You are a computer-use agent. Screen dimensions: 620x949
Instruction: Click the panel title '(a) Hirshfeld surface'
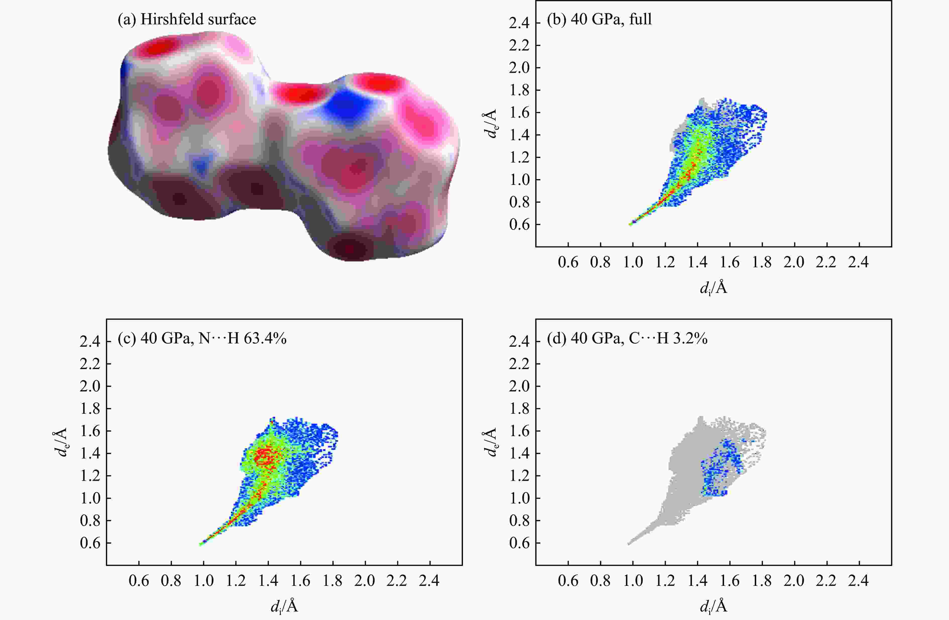tap(187, 19)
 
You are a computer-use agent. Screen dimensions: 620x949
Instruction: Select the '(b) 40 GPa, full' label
tap(599, 19)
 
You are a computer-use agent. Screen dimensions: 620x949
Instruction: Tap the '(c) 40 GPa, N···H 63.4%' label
tap(202, 338)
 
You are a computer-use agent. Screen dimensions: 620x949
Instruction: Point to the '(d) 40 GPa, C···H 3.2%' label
tap(627, 338)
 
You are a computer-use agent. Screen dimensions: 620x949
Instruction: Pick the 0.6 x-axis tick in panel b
tap(568, 262)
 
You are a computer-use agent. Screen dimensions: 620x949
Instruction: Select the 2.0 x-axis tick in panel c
tap(365, 581)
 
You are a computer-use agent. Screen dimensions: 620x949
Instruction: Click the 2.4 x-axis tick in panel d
tap(858, 581)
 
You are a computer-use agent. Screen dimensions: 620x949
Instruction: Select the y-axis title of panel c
tap(61, 442)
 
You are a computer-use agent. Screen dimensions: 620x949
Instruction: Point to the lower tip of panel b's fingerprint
tap(631, 224)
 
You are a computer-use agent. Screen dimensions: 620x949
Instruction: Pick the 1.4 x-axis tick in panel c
tap(268, 581)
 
